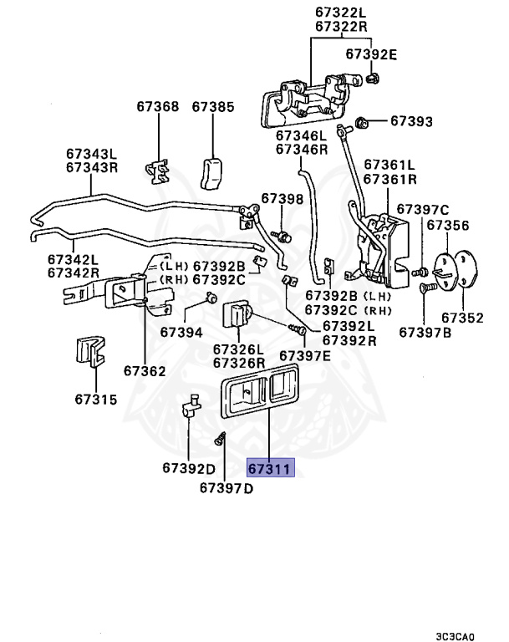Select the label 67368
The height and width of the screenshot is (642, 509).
(158, 107)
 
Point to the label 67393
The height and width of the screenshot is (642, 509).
(411, 122)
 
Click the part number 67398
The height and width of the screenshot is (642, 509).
(282, 198)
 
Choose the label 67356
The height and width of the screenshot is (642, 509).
(448, 225)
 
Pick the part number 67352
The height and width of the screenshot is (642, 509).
(462, 318)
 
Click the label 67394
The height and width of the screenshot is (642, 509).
(181, 332)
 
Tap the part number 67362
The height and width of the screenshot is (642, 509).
(145, 369)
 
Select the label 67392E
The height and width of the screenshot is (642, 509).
(371, 55)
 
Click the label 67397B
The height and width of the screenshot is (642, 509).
(425, 332)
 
